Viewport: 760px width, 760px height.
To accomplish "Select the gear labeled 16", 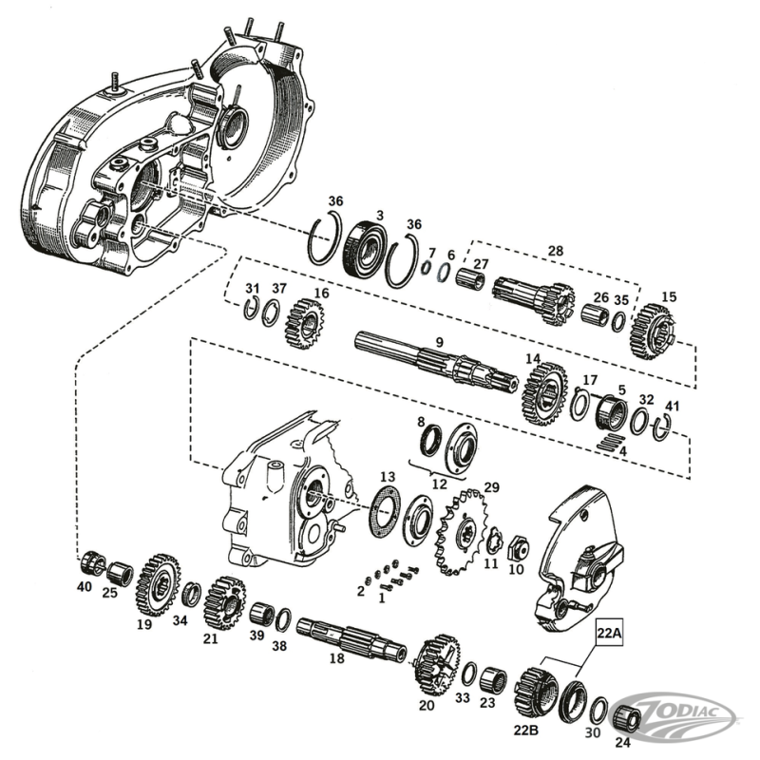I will tap(304, 322).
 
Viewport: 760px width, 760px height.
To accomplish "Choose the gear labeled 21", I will tap(224, 600).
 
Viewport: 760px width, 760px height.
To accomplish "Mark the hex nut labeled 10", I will tap(519, 547).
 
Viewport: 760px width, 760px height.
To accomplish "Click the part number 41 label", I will tap(673, 406).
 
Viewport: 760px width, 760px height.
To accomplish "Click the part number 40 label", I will tap(85, 587).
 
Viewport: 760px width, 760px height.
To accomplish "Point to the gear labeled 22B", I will tap(538, 691).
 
